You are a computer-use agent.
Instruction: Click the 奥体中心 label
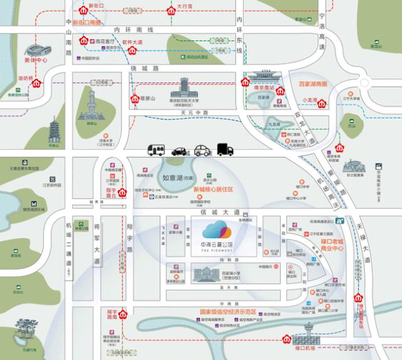pyautogui.click(x=35, y=61)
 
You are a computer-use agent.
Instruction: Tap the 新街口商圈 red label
pyautogui.click(x=85, y=23)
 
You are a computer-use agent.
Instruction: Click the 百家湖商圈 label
pyautogui.click(x=313, y=84)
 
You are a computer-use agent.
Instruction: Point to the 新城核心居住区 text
pyautogui.click(x=213, y=189)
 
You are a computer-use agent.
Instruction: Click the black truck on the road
pyautogui.click(x=225, y=150)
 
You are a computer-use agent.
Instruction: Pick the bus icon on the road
pyautogui.click(x=156, y=150)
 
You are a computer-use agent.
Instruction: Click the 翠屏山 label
pyautogui.click(x=149, y=99)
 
